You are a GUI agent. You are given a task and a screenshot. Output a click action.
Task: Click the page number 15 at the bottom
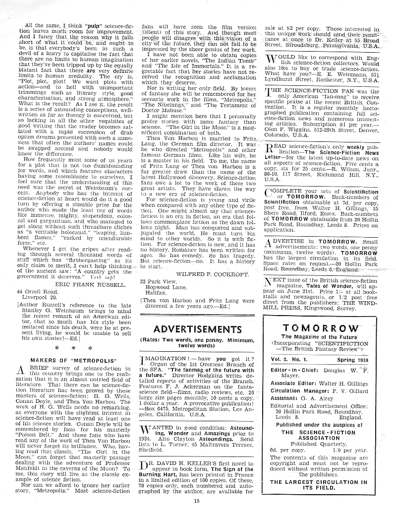click(x=197, y=502)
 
